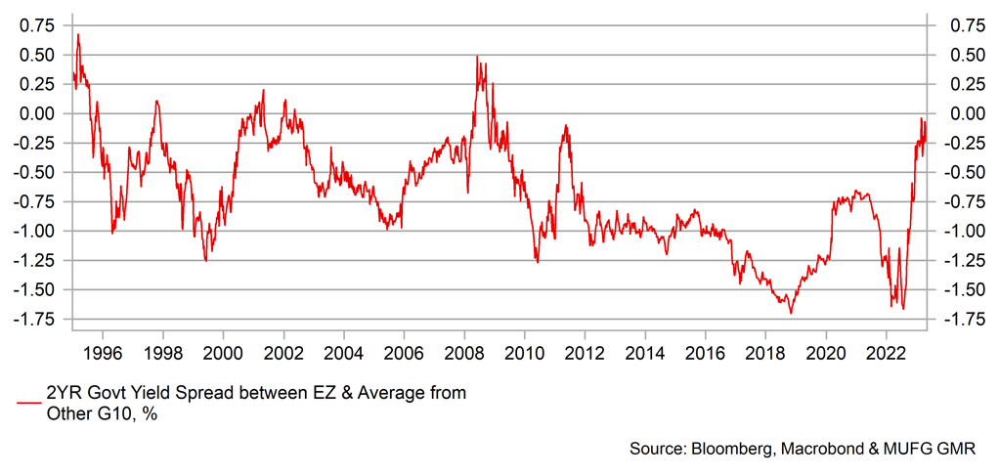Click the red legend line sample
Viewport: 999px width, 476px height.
coord(28,402)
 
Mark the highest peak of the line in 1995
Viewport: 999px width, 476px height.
coord(78,34)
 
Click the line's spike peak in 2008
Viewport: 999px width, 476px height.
coord(477,57)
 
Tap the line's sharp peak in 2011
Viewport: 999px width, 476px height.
coord(566,125)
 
